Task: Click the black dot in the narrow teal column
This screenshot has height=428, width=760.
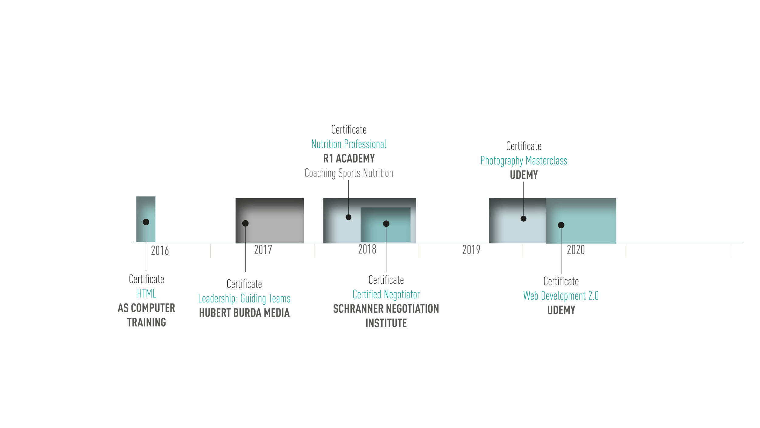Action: [x=146, y=222]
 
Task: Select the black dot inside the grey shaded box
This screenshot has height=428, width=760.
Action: [x=245, y=223]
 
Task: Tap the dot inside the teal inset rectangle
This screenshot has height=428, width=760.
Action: [x=386, y=224]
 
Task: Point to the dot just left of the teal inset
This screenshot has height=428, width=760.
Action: [x=349, y=217]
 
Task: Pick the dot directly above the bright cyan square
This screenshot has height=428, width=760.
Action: [x=561, y=225]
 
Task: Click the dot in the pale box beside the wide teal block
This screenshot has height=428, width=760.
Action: [x=523, y=219]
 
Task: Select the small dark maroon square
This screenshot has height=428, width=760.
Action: [x=621, y=249]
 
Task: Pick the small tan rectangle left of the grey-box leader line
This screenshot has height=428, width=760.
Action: [x=227, y=253]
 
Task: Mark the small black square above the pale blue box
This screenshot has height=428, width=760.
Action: [x=354, y=189]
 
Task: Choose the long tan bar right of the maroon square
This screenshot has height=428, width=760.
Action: [x=693, y=253]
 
